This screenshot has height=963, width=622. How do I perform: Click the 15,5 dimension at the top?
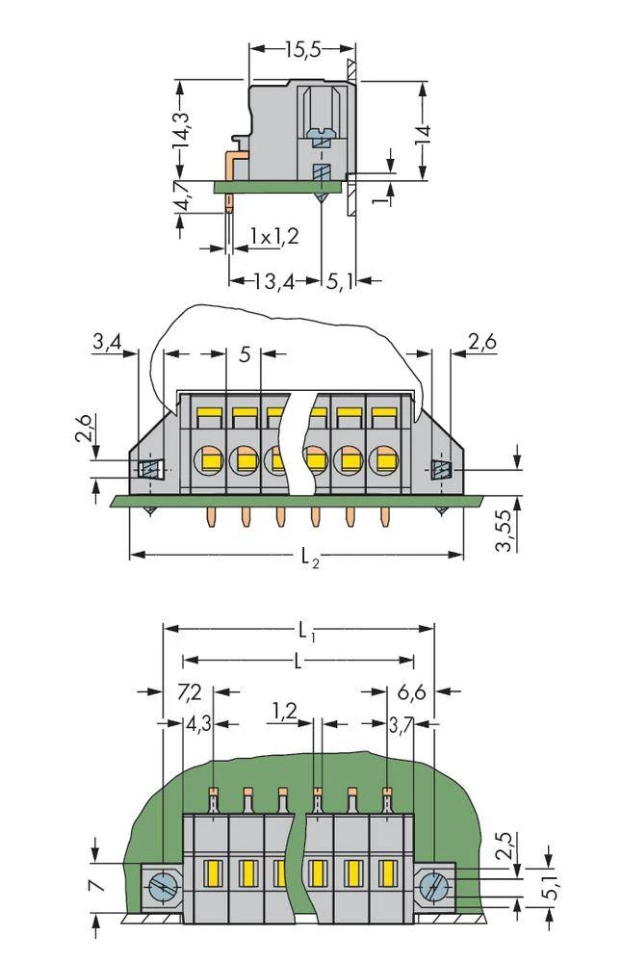pos(302,51)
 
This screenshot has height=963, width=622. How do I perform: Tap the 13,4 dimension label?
pos(273,281)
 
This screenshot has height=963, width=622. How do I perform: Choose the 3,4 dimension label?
pos(107,341)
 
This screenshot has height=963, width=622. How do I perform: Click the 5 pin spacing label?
pos(245,354)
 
